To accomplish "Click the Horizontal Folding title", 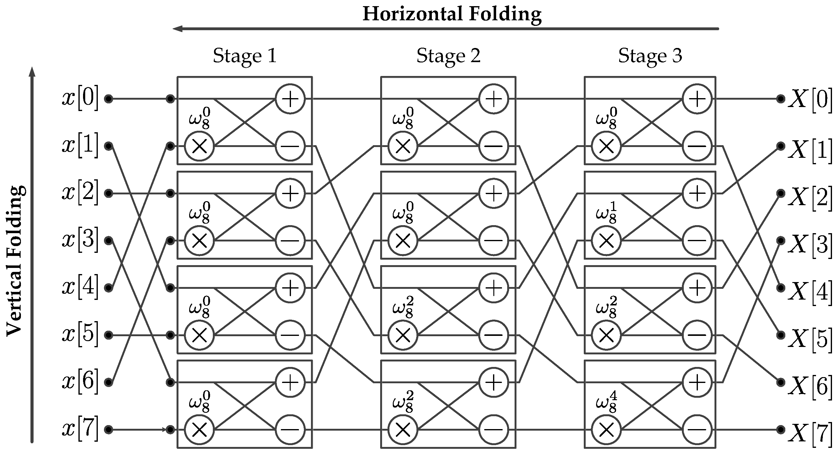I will [x=452, y=14].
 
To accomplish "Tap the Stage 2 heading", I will [x=448, y=56].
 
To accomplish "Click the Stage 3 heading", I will [x=650, y=56].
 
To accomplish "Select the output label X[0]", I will [x=810, y=99].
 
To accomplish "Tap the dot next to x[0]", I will [x=108, y=99].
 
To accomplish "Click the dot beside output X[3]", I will [x=781, y=241].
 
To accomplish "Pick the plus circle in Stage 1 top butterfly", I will [x=290, y=99].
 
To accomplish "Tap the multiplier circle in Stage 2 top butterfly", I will [x=403, y=146].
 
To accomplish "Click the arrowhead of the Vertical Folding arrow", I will [x=32, y=71].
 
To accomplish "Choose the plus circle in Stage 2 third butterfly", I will [x=493, y=288].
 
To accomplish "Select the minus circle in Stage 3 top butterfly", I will [x=697, y=146].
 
